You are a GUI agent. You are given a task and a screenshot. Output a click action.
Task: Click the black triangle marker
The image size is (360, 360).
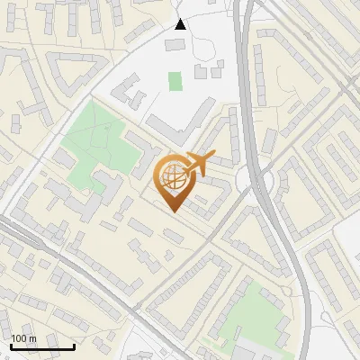(181, 23)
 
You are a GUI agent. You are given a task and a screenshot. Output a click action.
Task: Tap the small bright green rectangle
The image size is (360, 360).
(175, 81)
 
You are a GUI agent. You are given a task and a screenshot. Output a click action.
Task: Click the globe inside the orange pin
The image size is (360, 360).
(172, 177)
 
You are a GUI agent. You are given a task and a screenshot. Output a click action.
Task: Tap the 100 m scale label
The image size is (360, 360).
(23, 338)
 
